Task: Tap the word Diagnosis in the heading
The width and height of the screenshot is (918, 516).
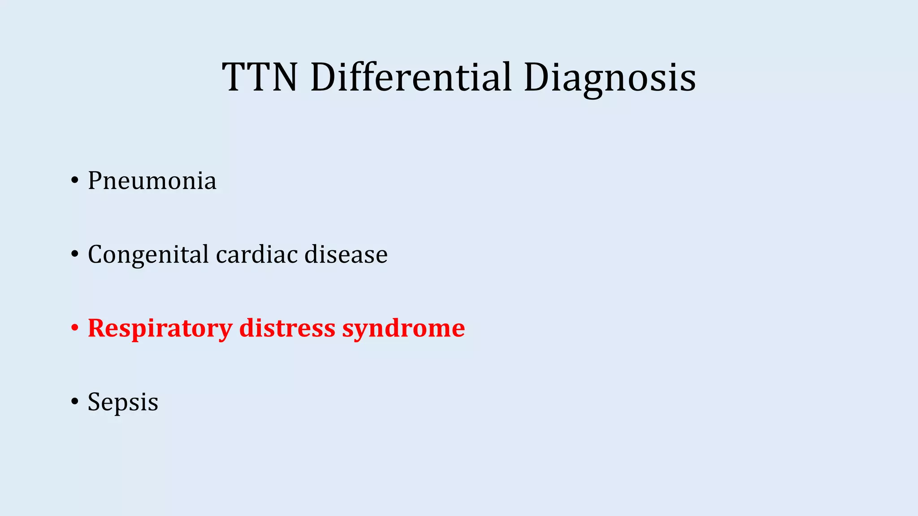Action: click(x=609, y=78)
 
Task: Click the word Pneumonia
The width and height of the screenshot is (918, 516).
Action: click(x=152, y=181)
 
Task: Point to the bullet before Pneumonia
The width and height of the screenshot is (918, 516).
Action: click(x=74, y=181)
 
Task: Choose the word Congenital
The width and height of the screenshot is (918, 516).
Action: click(x=148, y=255)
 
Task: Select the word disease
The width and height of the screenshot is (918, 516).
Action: click(x=346, y=254)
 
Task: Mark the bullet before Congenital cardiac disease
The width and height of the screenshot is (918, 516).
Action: click(x=74, y=255)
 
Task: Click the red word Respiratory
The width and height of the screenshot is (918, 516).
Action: click(x=160, y=328)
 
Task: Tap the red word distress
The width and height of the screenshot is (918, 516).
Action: click(x=287, y=328)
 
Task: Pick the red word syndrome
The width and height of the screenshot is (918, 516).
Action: click(x=403, y=329)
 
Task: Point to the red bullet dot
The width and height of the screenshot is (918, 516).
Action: click(x=74, y=328)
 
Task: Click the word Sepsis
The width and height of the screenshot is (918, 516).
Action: click(x=123, y=402)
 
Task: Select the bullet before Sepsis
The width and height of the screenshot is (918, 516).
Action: click(x=74, y=402)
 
